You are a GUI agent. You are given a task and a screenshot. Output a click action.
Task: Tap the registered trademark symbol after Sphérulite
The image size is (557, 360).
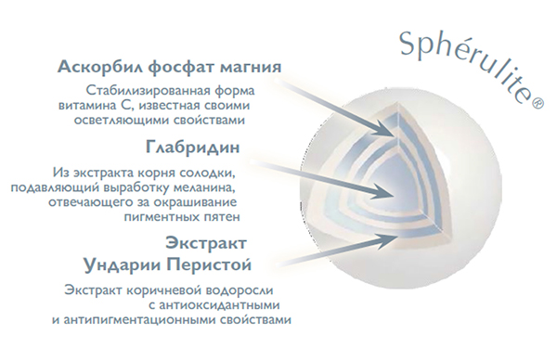pyautogui.click(x=538, y=103)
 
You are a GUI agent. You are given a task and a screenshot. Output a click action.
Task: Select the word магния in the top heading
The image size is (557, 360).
pyautogui.click(x=251, y=67)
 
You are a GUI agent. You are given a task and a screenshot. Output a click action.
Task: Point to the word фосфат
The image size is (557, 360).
pyautogui.click(x=181, y=67)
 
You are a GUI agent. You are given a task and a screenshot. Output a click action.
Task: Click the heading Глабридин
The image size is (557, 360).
pyautogui.click(x=192, y=147)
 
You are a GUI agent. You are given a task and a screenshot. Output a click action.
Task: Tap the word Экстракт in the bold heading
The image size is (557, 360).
pyautogui.click(x=206, y=243)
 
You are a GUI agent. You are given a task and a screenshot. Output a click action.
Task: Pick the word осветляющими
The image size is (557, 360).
pyautogui.click(x=122, y=120)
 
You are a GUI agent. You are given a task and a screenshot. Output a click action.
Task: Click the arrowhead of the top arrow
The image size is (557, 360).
pyautogui.click(x=385, y=129)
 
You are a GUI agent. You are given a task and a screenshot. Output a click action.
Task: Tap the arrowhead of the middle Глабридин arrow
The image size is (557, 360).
pyautogui.click(x=383, y=193)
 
